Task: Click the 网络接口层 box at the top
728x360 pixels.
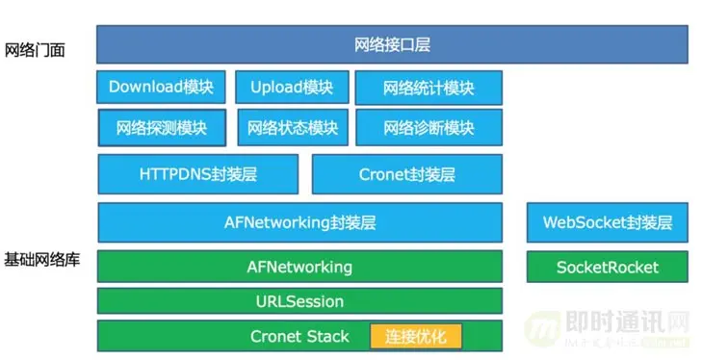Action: point(392,44)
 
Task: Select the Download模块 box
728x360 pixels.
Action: point(161,87)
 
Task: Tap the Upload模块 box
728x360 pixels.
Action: point(291,87)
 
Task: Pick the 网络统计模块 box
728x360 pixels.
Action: point(429,88)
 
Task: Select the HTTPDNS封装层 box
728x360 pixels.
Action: point(197,174)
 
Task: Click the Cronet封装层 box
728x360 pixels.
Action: point(406,174)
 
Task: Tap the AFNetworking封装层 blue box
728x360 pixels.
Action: point(299,222)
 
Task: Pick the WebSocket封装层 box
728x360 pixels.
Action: point(607,222)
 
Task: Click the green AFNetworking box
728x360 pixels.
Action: point(299,267)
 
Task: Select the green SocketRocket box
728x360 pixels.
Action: point(607,267)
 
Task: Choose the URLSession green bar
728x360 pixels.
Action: point(299,301)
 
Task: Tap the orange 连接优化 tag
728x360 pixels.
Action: point(416,336)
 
